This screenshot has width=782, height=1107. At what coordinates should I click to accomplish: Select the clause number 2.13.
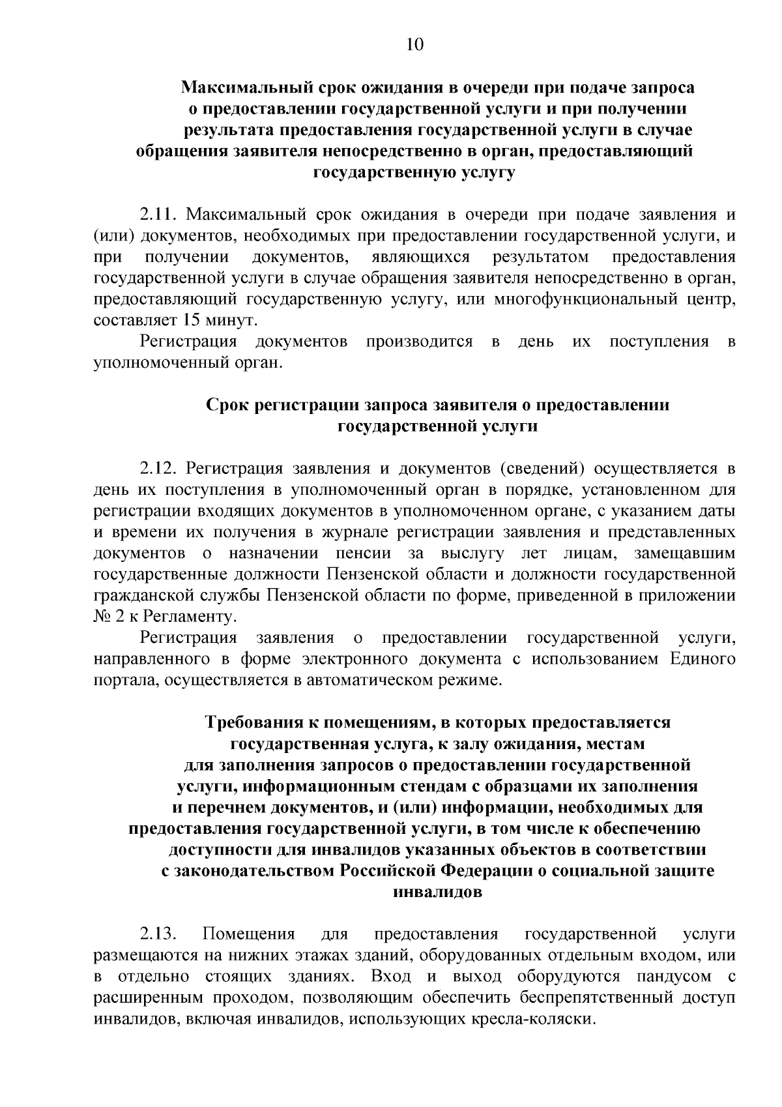(x=158, y=935)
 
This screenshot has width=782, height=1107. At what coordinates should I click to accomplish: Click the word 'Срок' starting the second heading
(x=227, y=406)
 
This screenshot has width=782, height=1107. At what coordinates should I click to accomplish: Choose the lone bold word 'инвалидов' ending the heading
(x=438, y=893)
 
